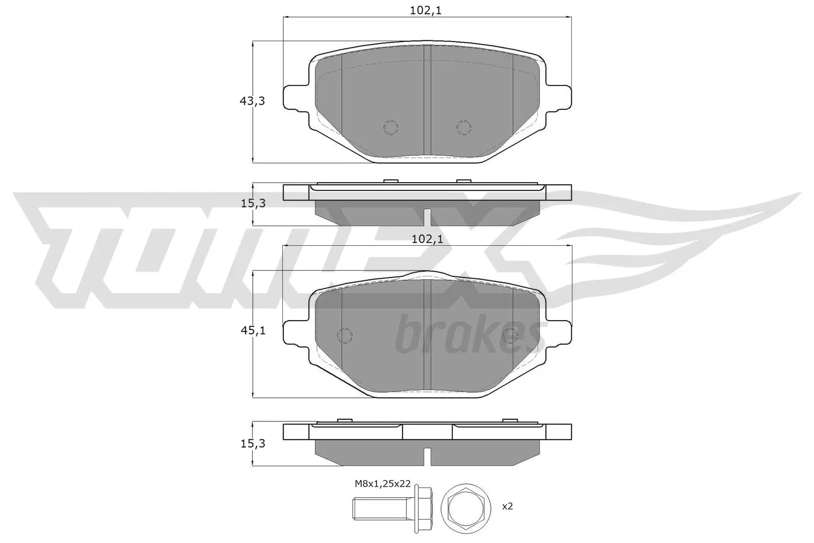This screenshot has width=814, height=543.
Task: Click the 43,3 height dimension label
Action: pyautogui.click(x=252, y=101)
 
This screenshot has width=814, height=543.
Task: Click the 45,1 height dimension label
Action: pyautogui.click(x=252, y=331)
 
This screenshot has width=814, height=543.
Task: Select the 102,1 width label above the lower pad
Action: pyautogui.click(x=426, y=239)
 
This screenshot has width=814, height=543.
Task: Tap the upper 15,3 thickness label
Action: pyautogui.click(x=253, y=204)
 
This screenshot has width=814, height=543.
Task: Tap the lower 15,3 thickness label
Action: pyautogui.click(x=253, y=444)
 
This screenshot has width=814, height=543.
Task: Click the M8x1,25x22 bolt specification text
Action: pyautogui.click(x=383, y=484)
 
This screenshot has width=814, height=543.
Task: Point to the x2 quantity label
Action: pyautogui.click(x=507, y=506)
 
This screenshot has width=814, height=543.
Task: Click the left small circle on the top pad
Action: pyautogui.click(x=391, y=127)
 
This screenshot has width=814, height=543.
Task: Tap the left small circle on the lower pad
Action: pyautogui.click(x=345, y=335)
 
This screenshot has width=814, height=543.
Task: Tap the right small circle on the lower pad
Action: pyautogui.click(x=509, y=335)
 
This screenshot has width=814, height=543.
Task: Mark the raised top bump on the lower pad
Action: pyautogui.click(x=426, y=275)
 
